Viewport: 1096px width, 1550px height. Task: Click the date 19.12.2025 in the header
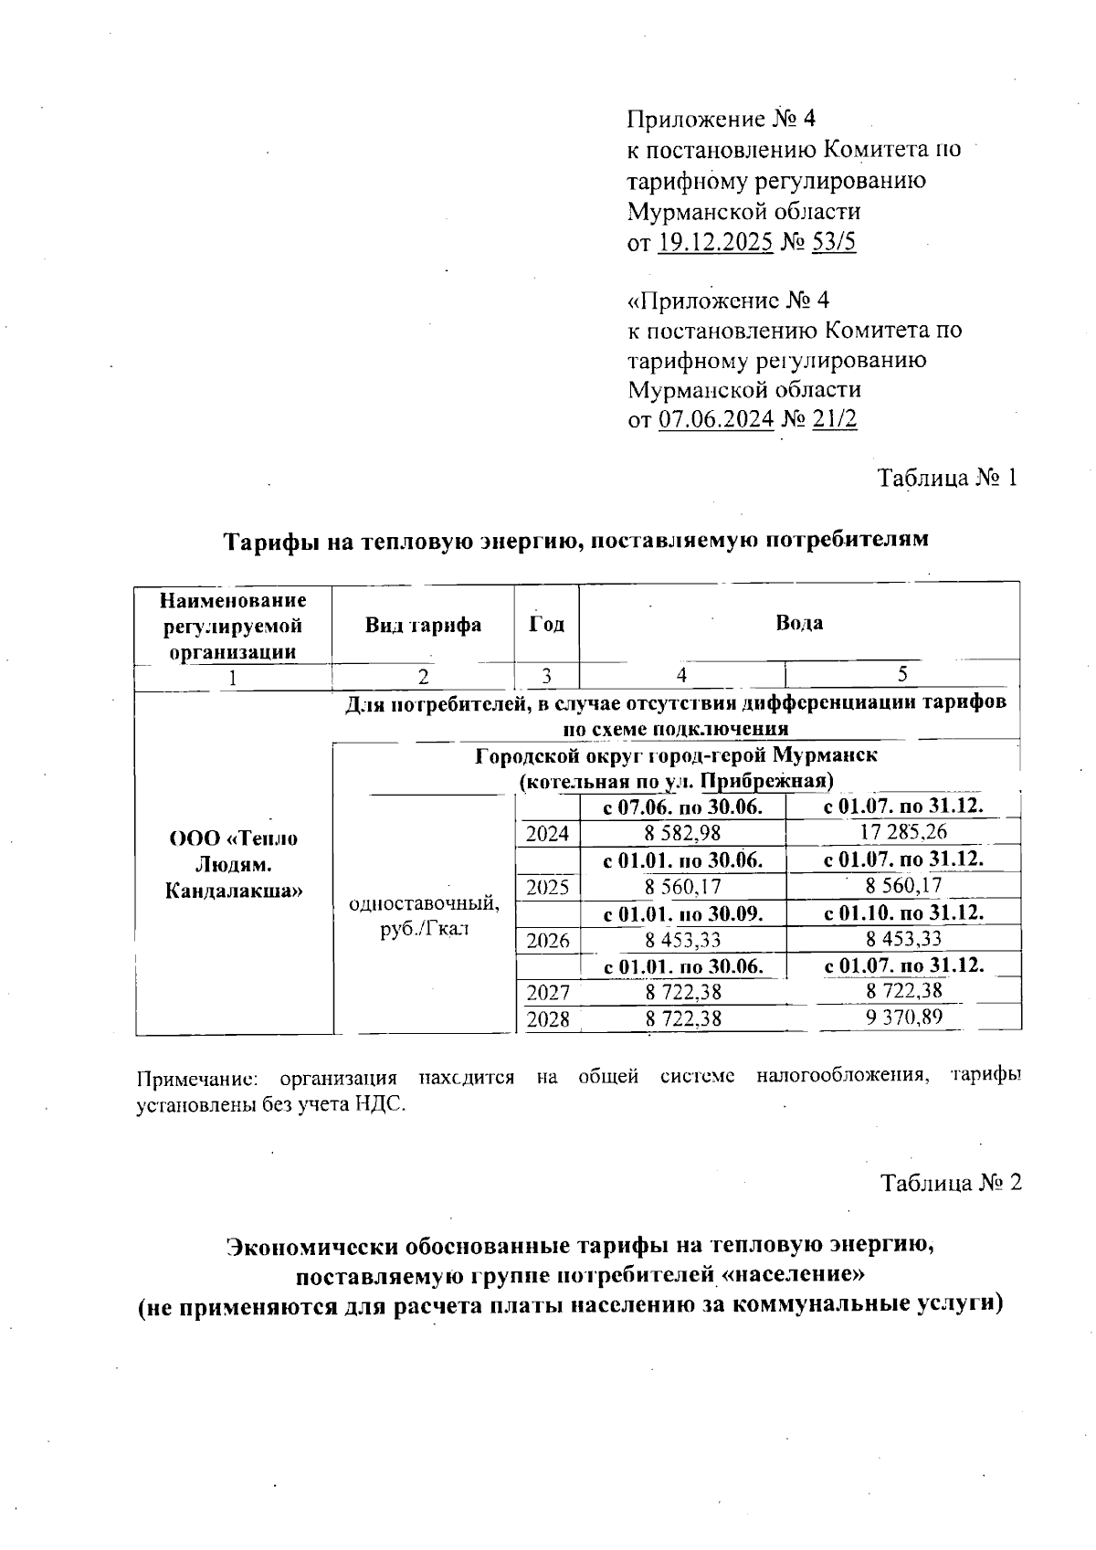coord(715,242)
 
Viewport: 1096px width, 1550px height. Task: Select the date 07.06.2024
coord(715,419)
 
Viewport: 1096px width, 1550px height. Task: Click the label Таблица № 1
coord(946,478)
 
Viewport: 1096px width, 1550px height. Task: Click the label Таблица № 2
coord(950,1183)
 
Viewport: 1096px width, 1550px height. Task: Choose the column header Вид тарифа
coord(423,626)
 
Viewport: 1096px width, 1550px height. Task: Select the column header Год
coord(546,625)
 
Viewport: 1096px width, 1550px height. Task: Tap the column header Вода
coord(798,623)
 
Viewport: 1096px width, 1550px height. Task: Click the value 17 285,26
coord(903,832)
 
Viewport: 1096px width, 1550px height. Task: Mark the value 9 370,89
coord(903,1018)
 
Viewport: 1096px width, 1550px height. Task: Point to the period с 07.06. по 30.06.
coord(682,807)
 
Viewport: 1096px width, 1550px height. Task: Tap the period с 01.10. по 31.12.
coord(903,912)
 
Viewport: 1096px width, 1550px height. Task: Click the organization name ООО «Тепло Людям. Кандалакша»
coord(234,864)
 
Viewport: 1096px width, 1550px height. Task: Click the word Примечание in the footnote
coord(195,1077)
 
